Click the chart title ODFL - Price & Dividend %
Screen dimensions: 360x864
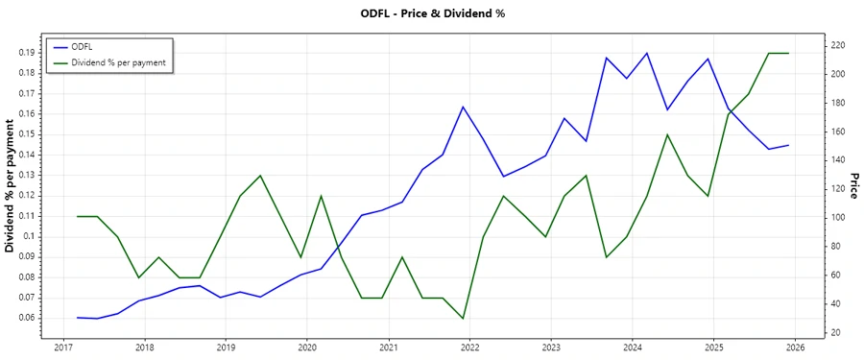(431, 13)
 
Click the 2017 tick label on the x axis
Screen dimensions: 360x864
(62, 348)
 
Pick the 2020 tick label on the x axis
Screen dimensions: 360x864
(306, 348)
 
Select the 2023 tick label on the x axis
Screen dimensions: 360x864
(551, 348)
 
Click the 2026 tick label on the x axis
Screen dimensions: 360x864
(795, 348)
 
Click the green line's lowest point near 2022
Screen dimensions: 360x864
(463, 319)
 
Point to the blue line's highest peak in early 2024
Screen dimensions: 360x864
(647, 53)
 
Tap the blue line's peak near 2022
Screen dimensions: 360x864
(463, 107)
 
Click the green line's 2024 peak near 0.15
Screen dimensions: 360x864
(667, 134)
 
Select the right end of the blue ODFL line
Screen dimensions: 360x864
(788, 146)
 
